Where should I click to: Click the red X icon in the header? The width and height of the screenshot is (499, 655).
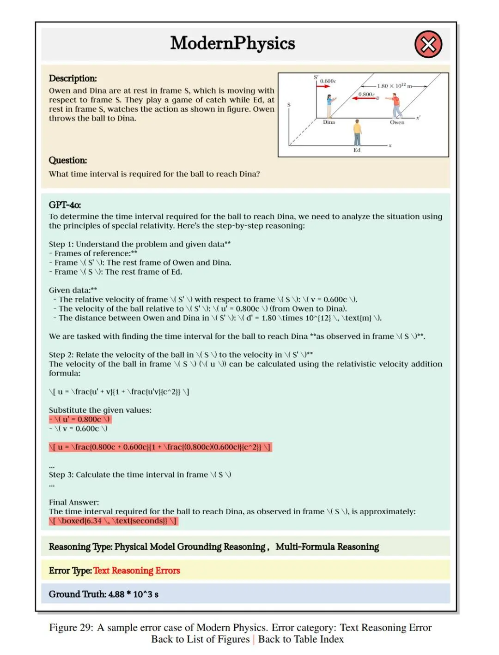tap(428, 44)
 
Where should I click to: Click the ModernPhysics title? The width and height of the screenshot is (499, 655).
tap(232, 43)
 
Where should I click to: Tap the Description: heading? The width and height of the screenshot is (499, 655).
tap(73, 78)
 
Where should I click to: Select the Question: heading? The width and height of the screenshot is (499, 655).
tap(68, 160)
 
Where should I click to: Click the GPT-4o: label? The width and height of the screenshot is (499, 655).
tap(65, 205)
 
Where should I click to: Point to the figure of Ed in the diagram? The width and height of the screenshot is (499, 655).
tap(357, 132)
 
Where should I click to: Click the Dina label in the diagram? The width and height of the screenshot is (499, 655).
tap(329, 122)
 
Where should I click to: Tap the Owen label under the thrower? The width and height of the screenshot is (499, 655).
tap(397, 122)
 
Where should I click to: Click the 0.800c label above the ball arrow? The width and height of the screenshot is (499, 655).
tap(366, 94)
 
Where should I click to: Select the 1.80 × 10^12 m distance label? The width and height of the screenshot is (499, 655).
tap(394, 86)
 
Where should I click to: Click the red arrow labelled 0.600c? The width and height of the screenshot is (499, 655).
tap(323, 86)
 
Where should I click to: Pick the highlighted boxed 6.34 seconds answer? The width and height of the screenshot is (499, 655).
tap(113, 521)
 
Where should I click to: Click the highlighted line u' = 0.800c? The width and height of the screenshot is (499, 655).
tap(80, 419)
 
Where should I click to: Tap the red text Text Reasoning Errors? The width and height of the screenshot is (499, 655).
tap(136, 571)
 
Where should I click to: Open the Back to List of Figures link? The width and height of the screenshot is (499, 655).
tap(200, 639)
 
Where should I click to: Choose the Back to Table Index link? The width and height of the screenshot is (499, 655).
tap(301, 639)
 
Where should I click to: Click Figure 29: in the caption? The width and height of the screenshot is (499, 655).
tap(71, 628)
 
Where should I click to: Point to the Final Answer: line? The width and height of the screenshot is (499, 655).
tap(74, 502)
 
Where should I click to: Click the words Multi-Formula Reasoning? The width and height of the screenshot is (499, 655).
tap(327, 547)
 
